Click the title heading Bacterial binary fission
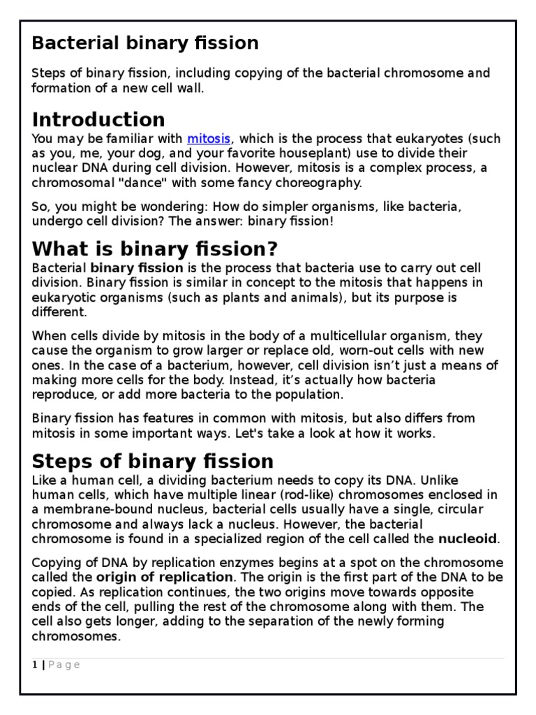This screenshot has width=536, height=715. [x=145, y=43]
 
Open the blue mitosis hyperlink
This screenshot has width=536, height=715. [x=209, y=138]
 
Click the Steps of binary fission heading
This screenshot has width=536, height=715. [x=153, y=461]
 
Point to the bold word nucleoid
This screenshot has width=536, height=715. [x=467, y=538]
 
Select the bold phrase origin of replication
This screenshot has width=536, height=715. [x=165, y=577]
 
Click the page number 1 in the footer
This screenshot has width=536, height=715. [x=35, y=665]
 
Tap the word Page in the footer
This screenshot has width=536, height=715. [x=64, y=665]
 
